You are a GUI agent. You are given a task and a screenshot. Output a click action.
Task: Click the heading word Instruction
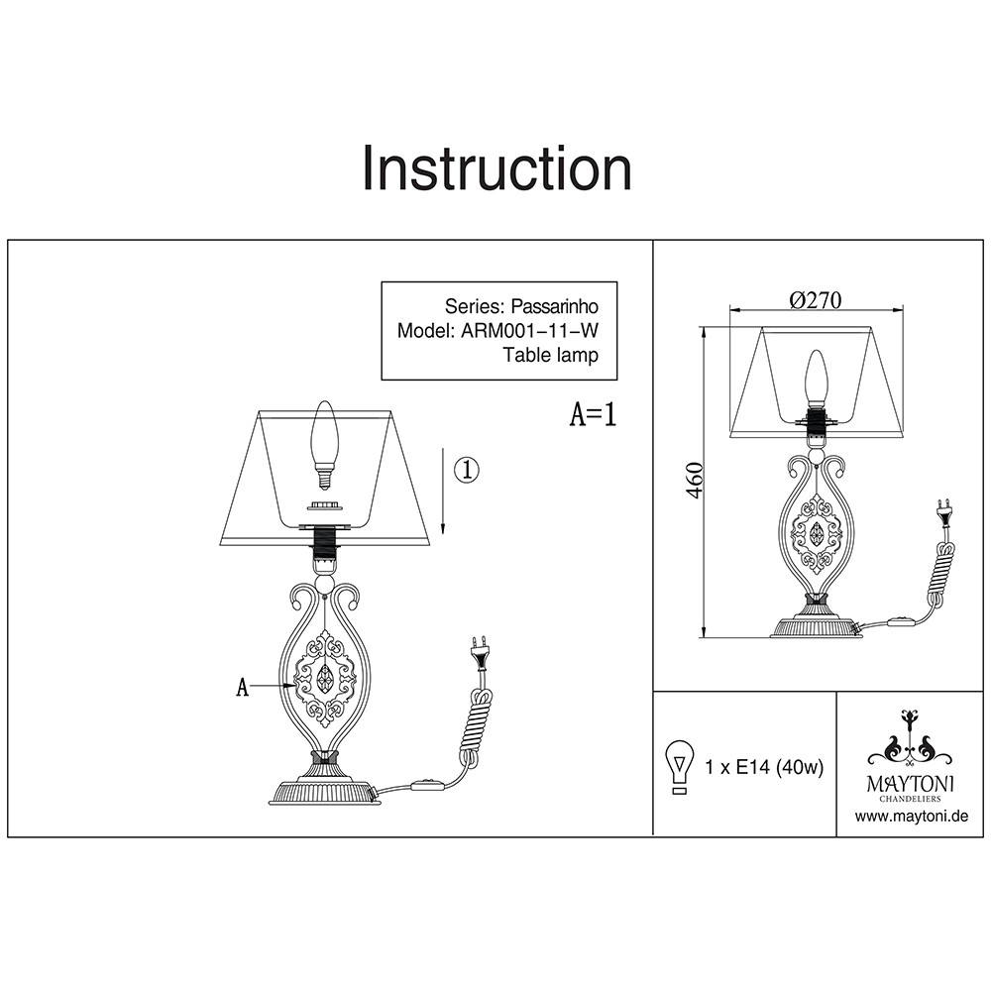coord(496,168)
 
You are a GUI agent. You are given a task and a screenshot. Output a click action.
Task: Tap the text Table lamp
coord(550,355)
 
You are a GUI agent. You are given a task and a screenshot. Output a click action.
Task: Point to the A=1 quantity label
coord(594,414)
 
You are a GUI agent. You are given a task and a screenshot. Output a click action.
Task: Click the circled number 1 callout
coord(467,470)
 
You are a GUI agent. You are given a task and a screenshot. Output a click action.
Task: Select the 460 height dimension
coord(695,481)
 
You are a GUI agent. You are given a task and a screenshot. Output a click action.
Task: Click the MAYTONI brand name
coord(911,783)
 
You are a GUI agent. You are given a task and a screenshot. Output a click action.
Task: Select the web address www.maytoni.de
coord(911,817)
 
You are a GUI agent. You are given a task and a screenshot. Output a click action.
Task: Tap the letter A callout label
coord(241,687)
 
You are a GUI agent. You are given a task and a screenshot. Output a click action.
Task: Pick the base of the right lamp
coord(817,626)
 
